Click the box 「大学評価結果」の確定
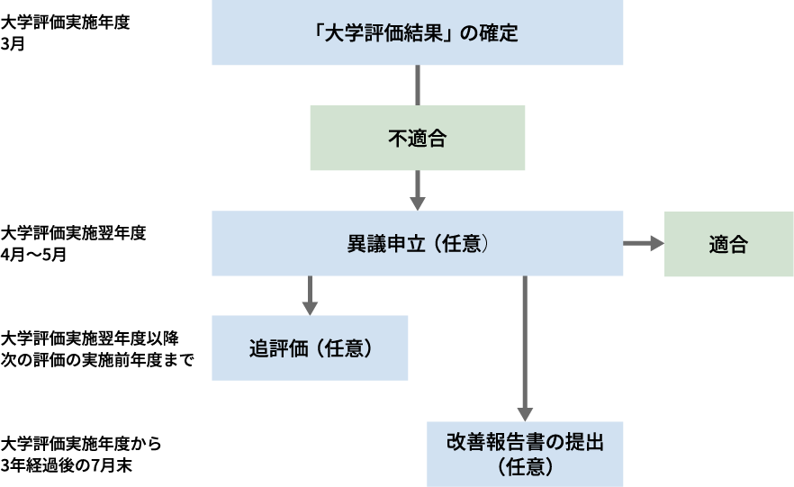[417, 33]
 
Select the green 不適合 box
[417, 139]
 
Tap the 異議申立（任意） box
[417, 244]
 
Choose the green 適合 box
[728, 244]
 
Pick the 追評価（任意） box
[310, 347]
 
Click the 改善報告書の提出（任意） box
[525, 454]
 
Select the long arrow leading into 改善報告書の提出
[525, 351]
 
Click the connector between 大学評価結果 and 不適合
[417, 86]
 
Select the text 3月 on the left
[14, 42]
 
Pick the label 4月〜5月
[34, 254]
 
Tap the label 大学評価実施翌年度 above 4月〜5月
[73, 233]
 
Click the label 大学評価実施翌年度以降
[90, 338]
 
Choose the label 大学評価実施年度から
[82, 445]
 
